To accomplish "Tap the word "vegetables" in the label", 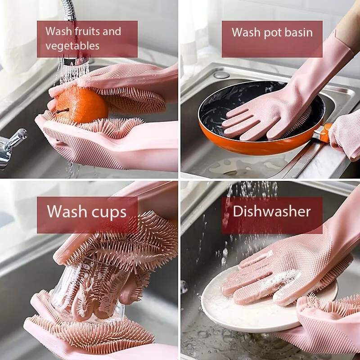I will point(72,45).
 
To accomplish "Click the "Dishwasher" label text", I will point(272,211).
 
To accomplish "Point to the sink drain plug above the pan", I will point(221,74).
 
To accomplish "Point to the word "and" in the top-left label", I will point(112,31).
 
